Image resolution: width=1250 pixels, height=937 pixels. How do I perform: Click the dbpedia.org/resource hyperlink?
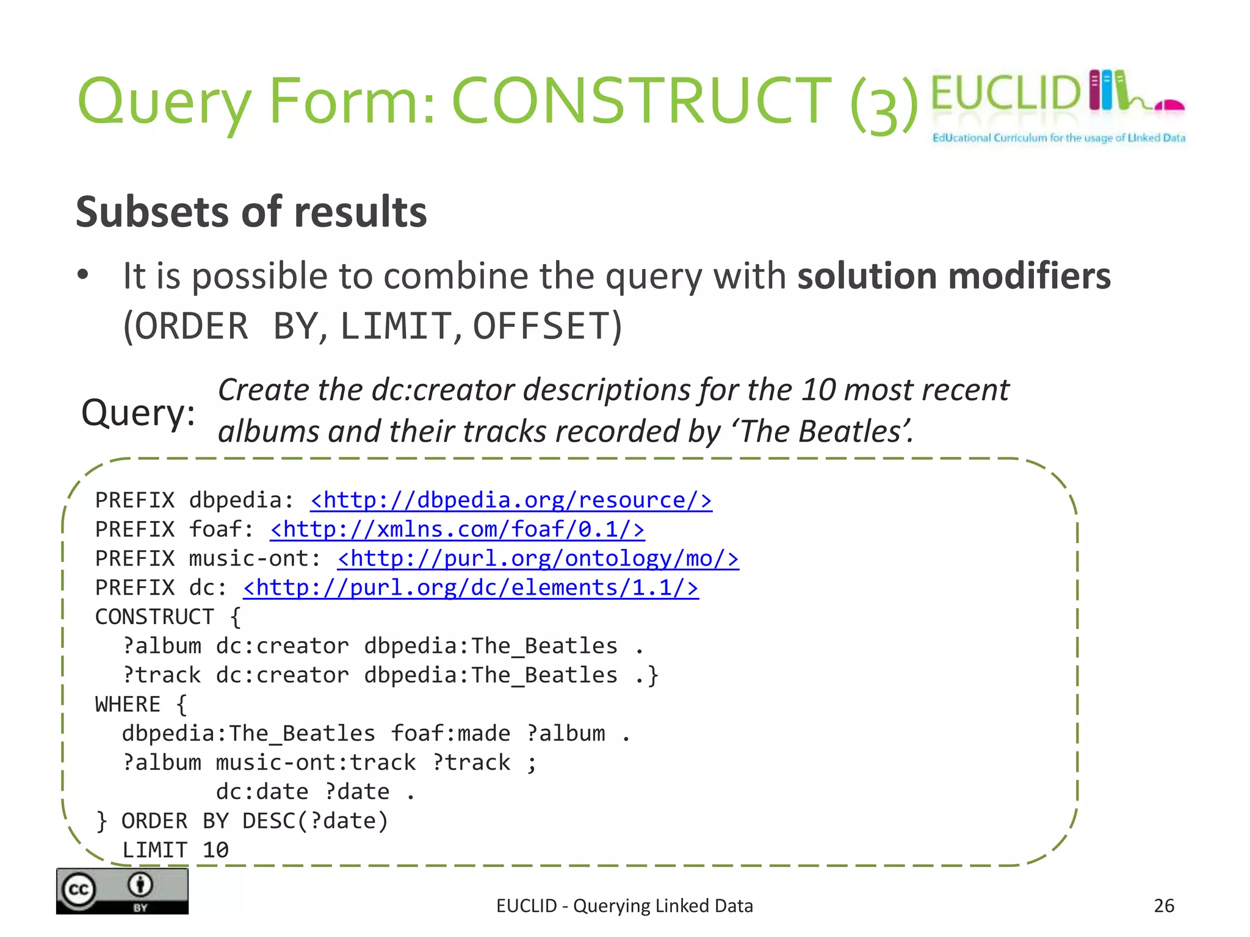511,500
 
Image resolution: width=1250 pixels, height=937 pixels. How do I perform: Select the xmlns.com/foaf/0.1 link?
457,530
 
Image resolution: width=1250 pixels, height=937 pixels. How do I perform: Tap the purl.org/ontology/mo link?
538,559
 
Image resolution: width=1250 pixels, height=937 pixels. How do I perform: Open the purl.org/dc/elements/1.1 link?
471,588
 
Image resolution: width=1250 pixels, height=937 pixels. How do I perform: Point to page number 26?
1164,906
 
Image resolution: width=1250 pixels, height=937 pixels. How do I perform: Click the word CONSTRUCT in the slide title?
641,101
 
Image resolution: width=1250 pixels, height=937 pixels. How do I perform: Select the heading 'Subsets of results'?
251,212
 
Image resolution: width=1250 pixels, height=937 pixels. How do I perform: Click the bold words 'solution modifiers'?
954,276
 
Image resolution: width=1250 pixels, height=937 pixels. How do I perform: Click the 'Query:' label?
139,413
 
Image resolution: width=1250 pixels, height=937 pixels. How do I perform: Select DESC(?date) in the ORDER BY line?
315,821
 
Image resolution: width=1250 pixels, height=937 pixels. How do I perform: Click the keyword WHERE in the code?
128,705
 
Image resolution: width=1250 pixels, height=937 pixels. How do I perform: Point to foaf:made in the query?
450,734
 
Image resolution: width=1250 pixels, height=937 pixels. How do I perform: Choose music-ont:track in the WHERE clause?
316,763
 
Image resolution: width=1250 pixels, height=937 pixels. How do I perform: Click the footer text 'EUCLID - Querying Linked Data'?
624,906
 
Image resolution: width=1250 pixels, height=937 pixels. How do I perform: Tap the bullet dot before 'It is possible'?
83,276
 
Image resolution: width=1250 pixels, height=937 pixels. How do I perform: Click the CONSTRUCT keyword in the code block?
155,617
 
